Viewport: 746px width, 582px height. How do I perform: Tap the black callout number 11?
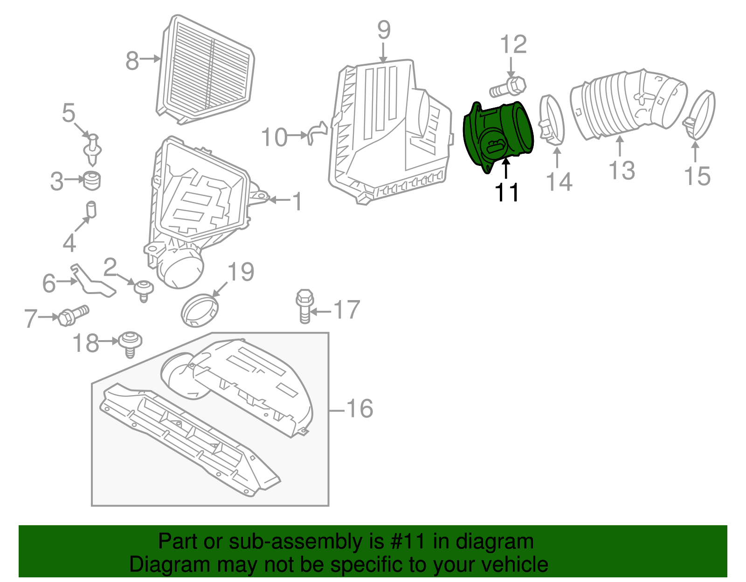click(507, 192)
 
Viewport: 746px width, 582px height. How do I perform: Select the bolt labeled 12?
click(509, 87)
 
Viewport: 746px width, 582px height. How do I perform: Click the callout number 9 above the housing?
click(383, 31)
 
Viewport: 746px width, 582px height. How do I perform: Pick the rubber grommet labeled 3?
click(92, 181)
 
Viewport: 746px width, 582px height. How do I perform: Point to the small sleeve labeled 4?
click(91, 209)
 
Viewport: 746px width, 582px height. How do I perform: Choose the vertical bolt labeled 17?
click(304, 305)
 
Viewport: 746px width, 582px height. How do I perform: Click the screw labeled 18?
click(130, 343)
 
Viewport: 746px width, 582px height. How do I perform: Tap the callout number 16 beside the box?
click(359, 409)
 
